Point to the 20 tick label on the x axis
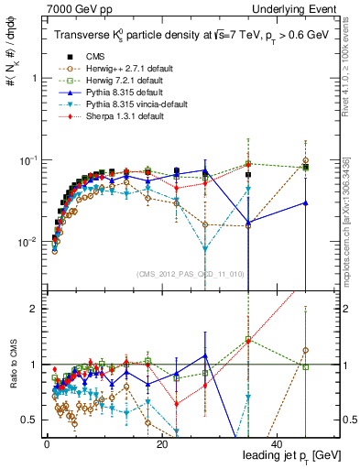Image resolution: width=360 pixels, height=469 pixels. tap(162, 443)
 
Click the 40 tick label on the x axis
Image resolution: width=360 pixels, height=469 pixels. tap(278, 443)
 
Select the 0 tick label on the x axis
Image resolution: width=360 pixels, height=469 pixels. tap(47, 443)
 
